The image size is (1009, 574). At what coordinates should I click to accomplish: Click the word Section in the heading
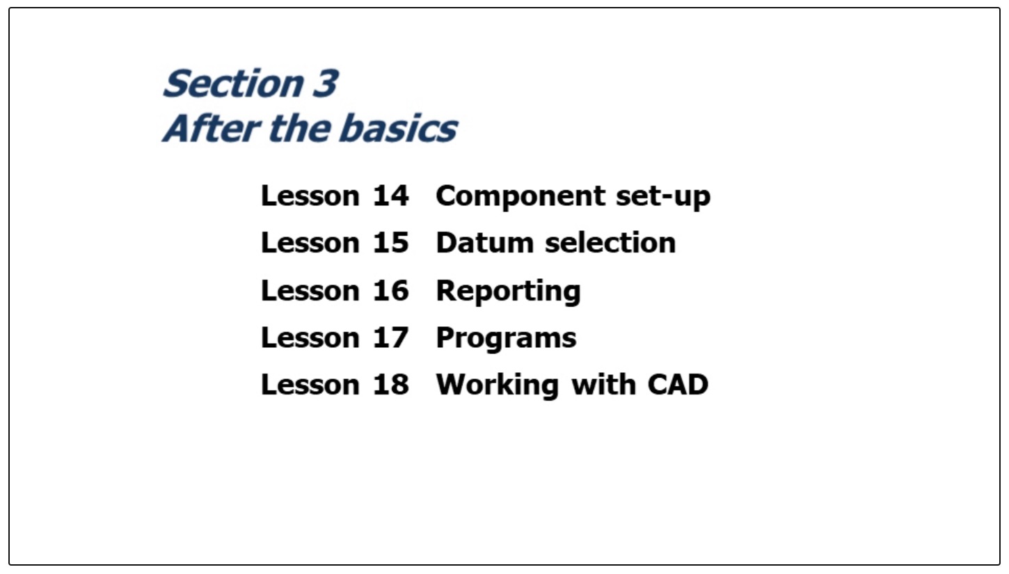click(233, 83)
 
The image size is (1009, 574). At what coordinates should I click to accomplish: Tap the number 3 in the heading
click(325, 83)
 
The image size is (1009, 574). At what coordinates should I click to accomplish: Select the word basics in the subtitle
click(398, 129)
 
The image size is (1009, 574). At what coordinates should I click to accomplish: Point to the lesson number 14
click(390, 196)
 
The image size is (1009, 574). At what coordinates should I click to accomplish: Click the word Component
click(521, 198)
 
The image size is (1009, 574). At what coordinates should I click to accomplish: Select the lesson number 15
click(390, 243)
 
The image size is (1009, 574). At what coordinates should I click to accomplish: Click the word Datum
click(485, 243)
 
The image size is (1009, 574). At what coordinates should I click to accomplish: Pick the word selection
click(610, 243)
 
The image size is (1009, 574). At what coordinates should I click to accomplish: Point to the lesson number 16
click(390, 291)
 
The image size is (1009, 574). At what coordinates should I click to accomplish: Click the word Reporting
click(509, 292)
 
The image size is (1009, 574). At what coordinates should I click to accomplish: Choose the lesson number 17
click(390, 338)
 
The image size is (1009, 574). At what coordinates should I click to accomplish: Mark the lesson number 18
click(390, 385)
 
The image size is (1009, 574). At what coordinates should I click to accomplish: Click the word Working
click(498, 386)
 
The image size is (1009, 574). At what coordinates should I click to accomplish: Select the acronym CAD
click(678, 385)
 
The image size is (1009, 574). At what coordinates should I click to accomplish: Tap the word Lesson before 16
click(310, 291)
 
